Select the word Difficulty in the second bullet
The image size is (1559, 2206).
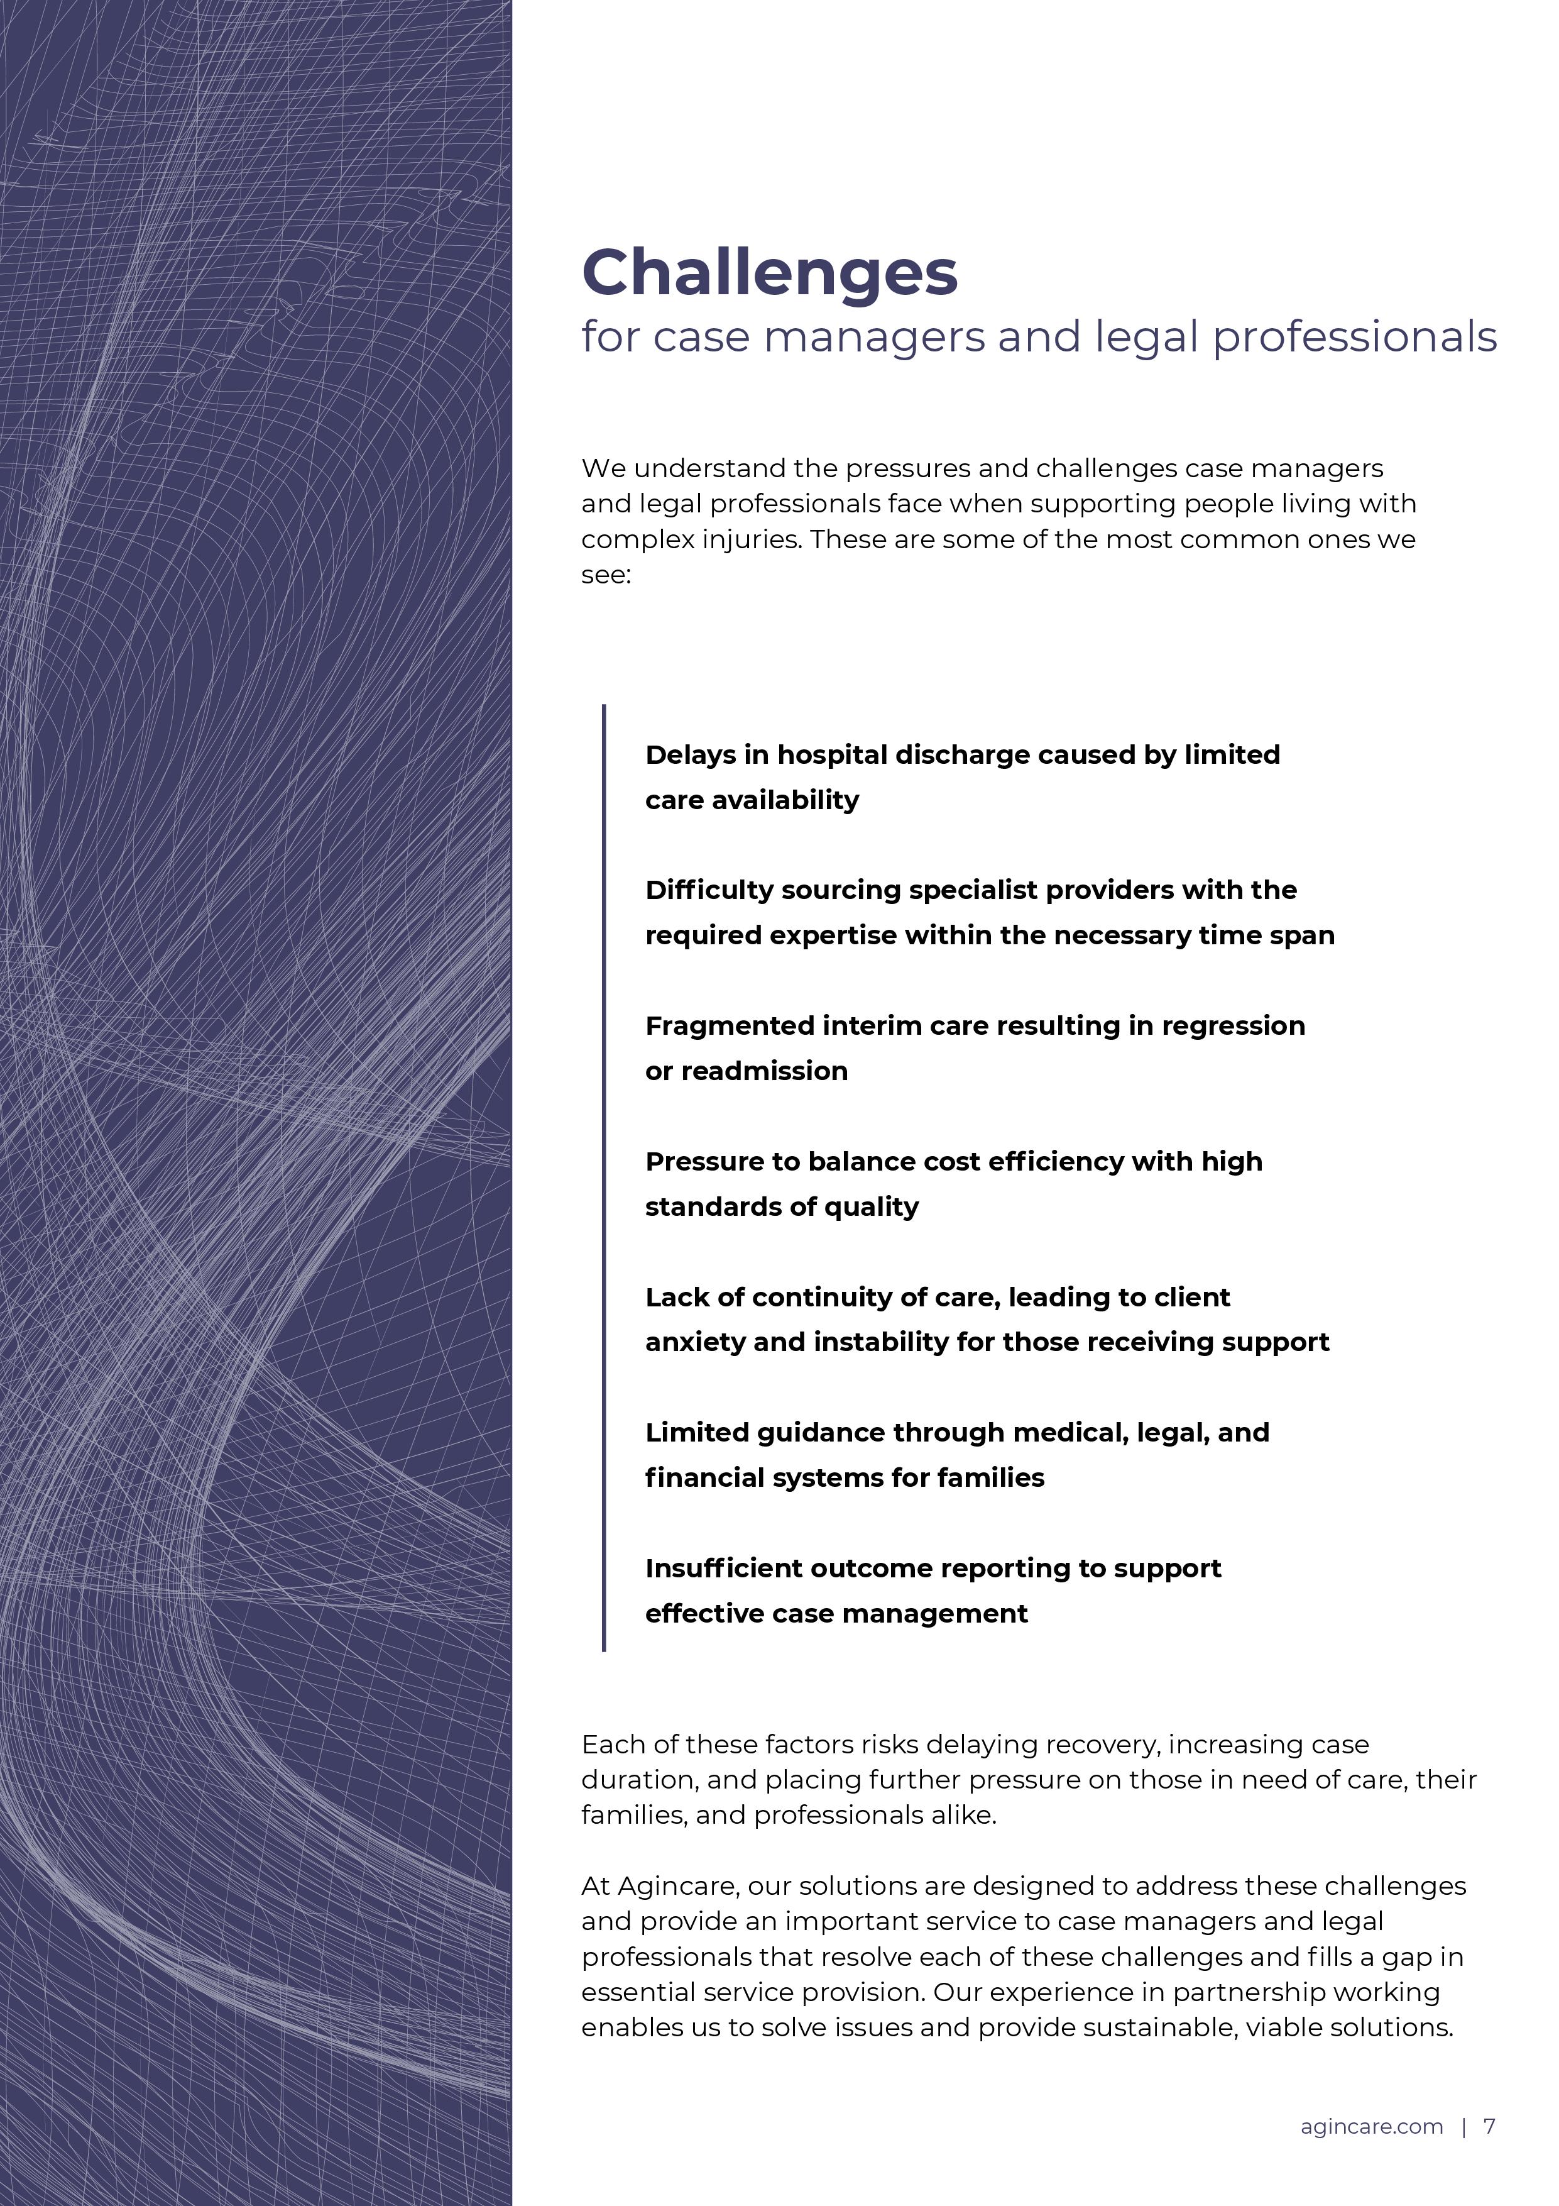(x=709, y=891)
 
